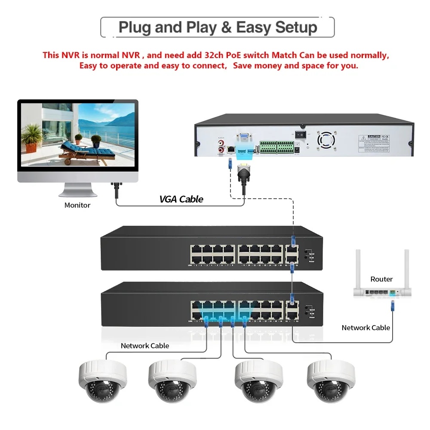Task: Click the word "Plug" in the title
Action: (x=135, y=28)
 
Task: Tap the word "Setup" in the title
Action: (x=296, y=28)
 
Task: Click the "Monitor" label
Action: (x=77, y=205)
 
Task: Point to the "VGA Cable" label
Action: (x=181, y=199)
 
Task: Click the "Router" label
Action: (x=381, y=279)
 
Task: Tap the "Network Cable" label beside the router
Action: (x=365, y=328)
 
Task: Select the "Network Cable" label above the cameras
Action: (x=145, y=346)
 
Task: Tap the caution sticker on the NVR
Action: (x=374, y=142)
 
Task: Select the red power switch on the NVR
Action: (x=302, y=134)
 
